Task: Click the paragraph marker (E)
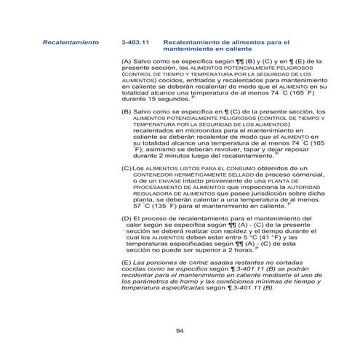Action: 127,261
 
